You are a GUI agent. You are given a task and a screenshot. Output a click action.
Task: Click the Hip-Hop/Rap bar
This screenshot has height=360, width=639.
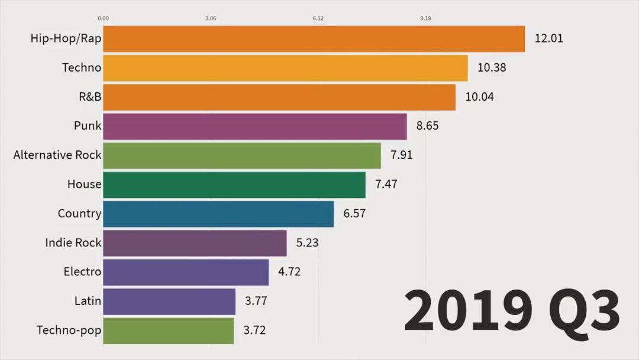pyautogui.click(x=314, y=39)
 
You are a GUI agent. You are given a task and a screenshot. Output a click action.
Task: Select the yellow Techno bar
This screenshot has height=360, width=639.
pyautogui.click(x=285, y=68)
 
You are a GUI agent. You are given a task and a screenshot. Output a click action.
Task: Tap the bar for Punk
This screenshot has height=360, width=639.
pyautogui.click(x=255, y=126)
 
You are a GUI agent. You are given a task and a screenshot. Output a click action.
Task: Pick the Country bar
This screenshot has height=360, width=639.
pyautogui.click(x=218, y=214)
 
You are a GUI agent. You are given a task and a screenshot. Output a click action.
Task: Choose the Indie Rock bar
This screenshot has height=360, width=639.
pyautogui.click(x=195, y=243)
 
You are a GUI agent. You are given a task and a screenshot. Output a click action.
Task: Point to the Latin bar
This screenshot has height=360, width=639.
pyautogui.click(x=169, y=301)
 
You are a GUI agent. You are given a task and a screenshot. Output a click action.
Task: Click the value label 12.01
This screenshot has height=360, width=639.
pyautogui.click(x=549, y=39)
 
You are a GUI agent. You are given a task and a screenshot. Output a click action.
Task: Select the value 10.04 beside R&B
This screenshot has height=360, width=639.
pyautogui.click(x=479, y=97)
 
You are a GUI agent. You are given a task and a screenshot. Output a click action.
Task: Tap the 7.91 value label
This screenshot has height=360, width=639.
pyautogui.click(x=402, y=155)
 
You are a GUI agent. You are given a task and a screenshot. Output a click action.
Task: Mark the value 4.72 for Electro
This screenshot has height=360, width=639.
pyautogui.click(x=289, y=272)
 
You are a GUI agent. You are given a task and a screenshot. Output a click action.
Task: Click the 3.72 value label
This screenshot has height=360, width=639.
pyautogui.click(x=255, y=330)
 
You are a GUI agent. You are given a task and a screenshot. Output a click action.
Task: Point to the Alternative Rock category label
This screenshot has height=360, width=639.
pyautogui.click(x=57, y=155)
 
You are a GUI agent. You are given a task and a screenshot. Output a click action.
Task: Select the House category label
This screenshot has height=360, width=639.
pyautogui.click(x=84, y=184)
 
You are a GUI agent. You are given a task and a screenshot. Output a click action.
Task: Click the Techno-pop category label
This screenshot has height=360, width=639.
pyautogui.click(x=69, y=330)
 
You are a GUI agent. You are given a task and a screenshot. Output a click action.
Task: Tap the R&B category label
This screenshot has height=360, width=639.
pyautogui.click(x=91, y=97)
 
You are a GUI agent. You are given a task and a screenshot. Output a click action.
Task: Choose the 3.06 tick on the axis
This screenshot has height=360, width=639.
pyautogui.click(x=211, y=18)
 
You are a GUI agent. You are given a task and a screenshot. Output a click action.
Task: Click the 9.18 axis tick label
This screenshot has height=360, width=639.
pyautogui.click(x=425, y=18)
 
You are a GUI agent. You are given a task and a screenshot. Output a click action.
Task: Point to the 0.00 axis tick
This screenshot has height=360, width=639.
pyautogui.click(x=103, y=18)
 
